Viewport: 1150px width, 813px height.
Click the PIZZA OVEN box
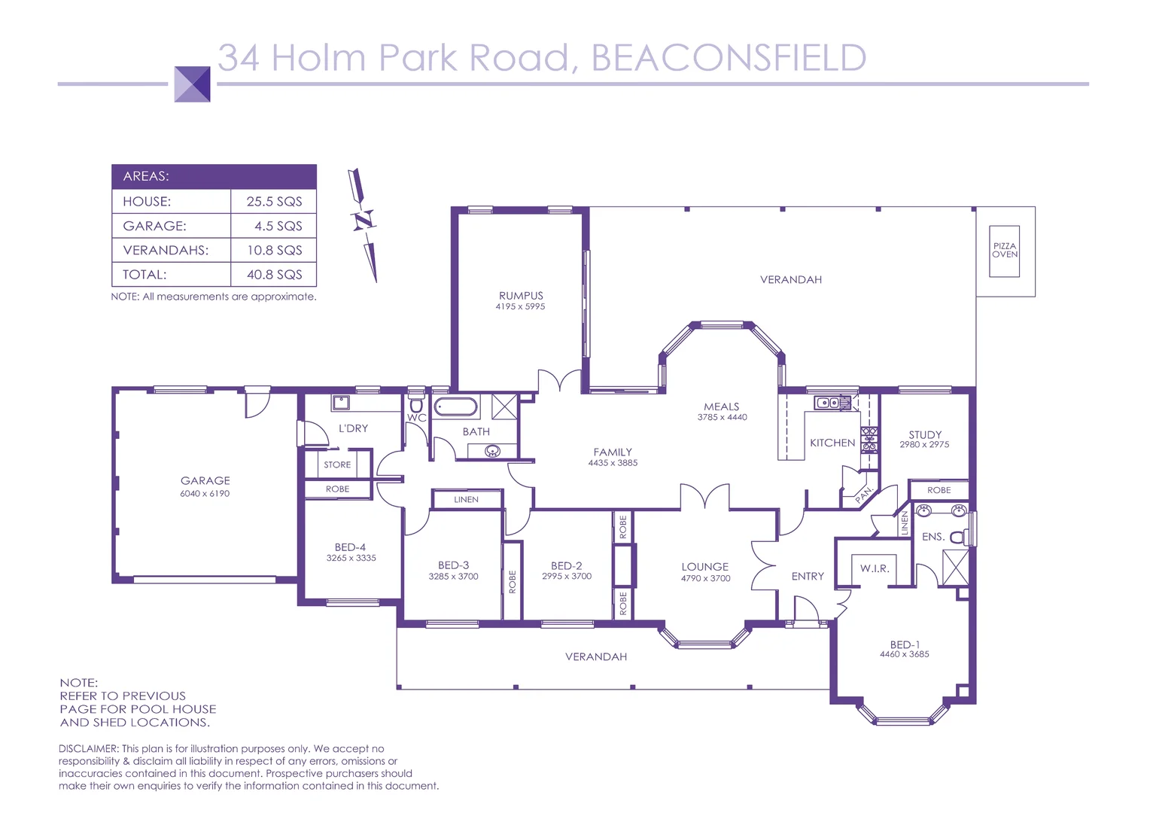[x=1004, y=251]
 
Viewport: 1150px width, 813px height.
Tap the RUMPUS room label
[x=521, y=296]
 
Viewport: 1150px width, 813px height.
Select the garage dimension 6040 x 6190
[x=205, y=494]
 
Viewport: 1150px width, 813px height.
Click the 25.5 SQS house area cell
[x=274, y=202]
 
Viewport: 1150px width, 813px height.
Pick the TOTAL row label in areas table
[x=145, y=275]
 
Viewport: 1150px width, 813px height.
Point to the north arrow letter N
[x=364, y=221]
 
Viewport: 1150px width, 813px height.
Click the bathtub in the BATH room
[x=456, y=407]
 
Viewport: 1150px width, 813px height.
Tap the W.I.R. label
[x=875, y=568]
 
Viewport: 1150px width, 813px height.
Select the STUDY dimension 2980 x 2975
[x=924, y=445]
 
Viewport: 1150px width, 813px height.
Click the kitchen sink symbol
[x=828, y=403]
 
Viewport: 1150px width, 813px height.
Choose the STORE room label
[x=337, y=464]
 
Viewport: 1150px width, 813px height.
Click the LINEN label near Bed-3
[x=466, y=499]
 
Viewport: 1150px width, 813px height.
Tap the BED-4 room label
[x=350, y=547]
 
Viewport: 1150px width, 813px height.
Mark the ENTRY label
[x=808, y=576]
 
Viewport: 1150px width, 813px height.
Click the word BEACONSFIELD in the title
[x=729, y=58]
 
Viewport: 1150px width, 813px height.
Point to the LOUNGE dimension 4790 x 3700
[x=705, y=578]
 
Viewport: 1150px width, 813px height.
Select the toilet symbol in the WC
[x=416, y=406]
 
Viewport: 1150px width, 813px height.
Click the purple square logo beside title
[x=192, y=84]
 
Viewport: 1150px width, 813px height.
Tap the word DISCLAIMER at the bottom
[x=88, y=749]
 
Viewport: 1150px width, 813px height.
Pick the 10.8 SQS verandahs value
[x=274, y=250]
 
